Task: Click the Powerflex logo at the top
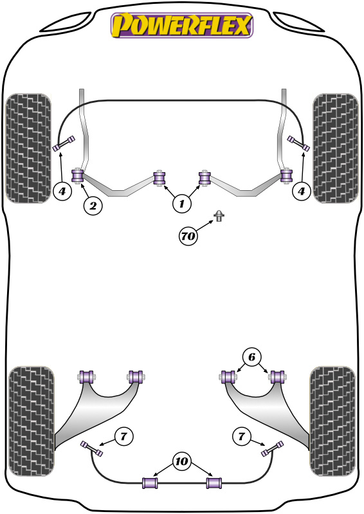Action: pos(182,25)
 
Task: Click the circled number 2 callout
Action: pos(93,206)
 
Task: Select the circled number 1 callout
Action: pos(181,204)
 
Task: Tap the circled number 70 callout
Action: pos(188,235)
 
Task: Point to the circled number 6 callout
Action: pos(251,357)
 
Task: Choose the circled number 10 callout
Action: pos(181,461)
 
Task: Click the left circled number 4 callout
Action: pos(62,191)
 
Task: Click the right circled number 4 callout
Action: pos(302,191)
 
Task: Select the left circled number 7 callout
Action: pos(123,436)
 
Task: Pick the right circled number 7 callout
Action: pos(242,436)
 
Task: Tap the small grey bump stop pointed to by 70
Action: pos(219,216)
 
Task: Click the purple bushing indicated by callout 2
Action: pos(77,175)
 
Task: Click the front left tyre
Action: pos(28,148)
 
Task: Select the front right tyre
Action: pos(336,148)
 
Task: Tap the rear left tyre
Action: pos(32,421)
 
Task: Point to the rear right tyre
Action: pos(332,421)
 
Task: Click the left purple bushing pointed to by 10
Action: pos(150,483)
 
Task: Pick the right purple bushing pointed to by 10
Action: pos(214,483)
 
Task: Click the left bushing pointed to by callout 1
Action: pos(159,178)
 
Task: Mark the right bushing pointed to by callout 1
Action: pos(205,178)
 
